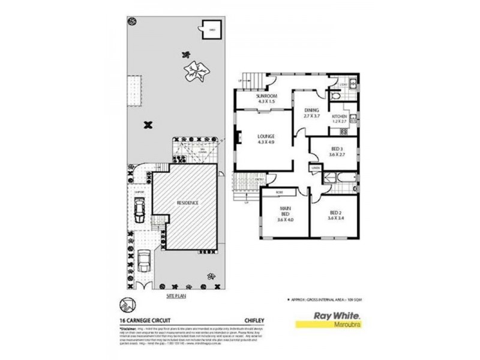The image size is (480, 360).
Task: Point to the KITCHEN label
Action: [x=340, y=116]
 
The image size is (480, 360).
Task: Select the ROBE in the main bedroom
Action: [x=279, y=192]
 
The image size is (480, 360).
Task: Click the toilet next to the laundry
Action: [x=335, y=96]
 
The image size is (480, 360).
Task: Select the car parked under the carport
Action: [x=140, y=208]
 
